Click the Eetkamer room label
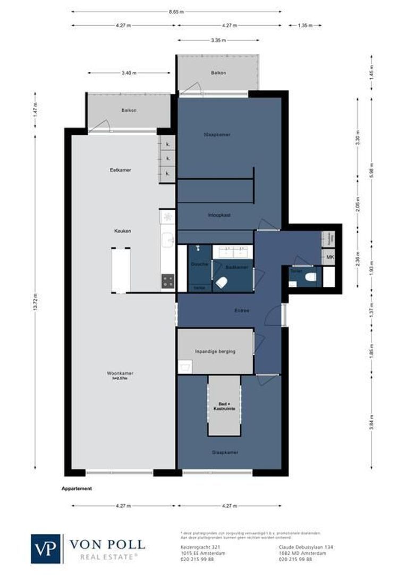120,170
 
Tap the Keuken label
123,231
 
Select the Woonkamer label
120,374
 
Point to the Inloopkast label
218,215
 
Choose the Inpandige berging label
215,351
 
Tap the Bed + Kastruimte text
224,406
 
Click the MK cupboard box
329,258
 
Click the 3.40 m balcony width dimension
129,73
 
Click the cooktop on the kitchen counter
168,281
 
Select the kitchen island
121,270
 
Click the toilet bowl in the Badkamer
222,283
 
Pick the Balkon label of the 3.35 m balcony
218,72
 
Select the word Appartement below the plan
77,488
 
